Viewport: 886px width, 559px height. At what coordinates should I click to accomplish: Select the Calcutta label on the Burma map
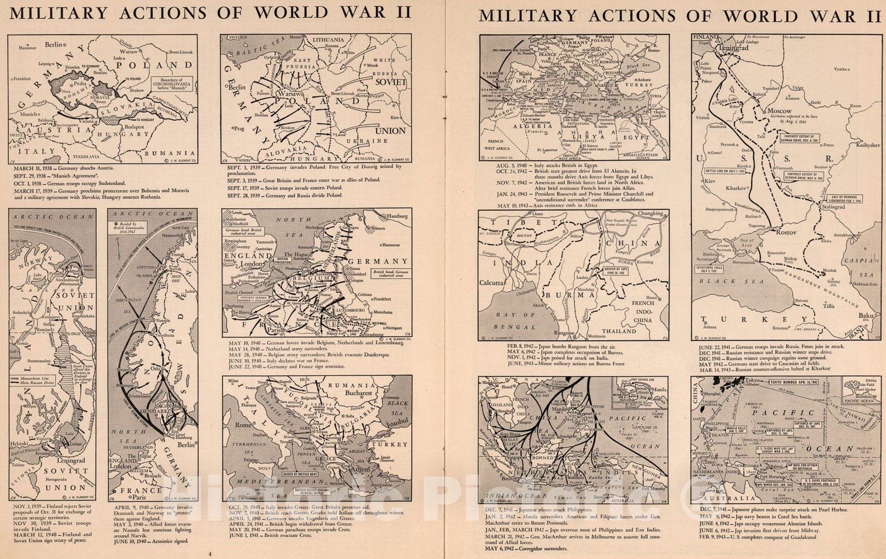pyautogui.click(x=491, y=283)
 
